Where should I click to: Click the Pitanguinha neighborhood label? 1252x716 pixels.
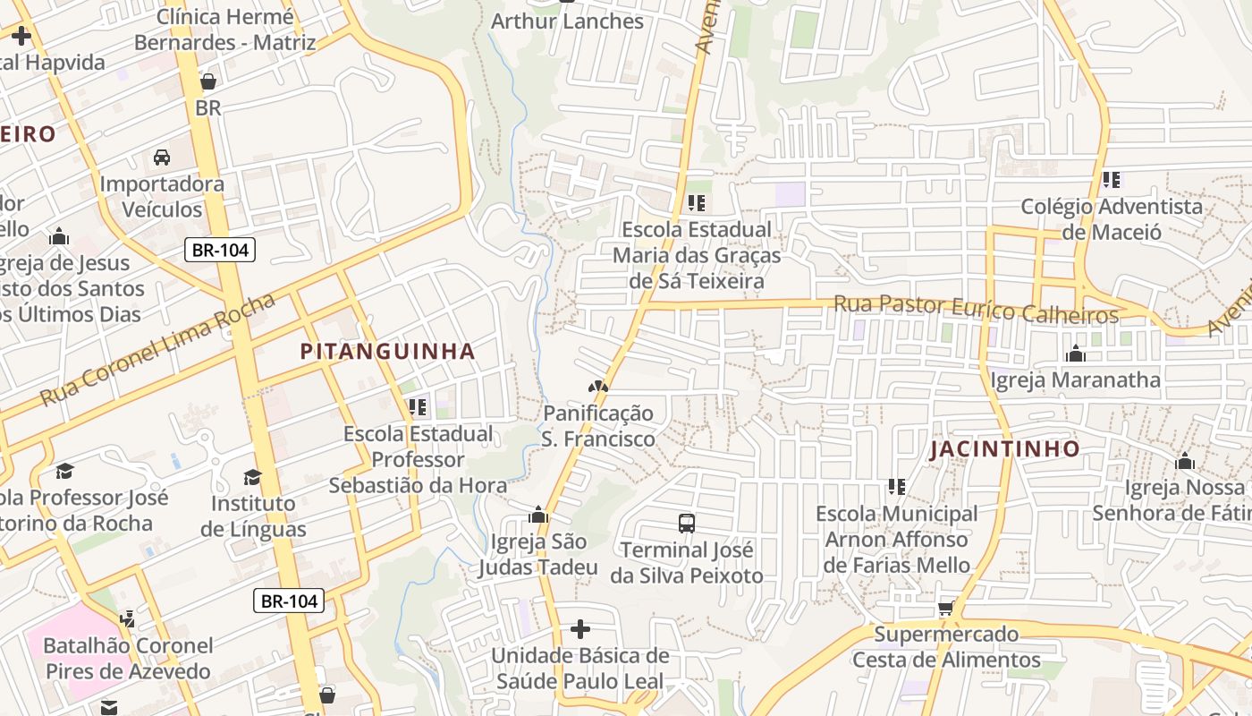(387, 352)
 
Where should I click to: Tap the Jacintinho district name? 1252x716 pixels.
(1004, 449)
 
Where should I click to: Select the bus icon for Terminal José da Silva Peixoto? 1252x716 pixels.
(687, 524)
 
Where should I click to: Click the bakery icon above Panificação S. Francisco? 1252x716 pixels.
(597, 388)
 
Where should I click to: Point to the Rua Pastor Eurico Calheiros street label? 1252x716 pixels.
(975, 310)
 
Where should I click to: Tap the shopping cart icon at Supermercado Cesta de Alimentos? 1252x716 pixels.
(945, 609)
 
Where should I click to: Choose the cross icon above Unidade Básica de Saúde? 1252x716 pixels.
(579, 629)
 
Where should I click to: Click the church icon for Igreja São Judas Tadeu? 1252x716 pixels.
(538, 516)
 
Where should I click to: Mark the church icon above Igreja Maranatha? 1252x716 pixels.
(1075, 354)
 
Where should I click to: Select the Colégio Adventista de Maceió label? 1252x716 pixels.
(1112, 219)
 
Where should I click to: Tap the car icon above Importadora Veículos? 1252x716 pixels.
(162, 158)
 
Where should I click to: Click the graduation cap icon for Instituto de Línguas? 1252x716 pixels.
(252, 477)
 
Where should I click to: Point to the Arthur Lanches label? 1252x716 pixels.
(568, 21)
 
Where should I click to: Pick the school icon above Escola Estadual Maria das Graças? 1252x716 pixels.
(697, 203)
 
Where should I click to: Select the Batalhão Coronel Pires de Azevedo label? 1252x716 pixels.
(128, 658)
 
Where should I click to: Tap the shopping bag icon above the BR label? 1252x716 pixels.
(208, 81)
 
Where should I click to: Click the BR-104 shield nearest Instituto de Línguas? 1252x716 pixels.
(288, 601)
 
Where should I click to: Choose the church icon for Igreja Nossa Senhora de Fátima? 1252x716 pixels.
(1185, 462)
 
